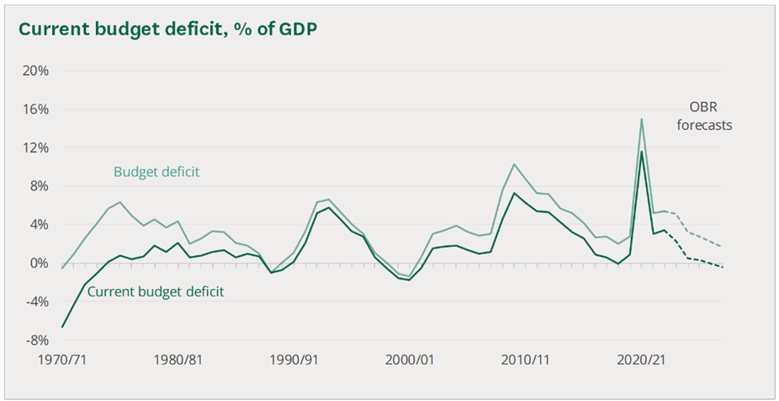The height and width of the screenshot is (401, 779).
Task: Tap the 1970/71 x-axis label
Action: [x=63, y=360]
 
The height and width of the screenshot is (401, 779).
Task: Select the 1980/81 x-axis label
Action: [x=178, y=360]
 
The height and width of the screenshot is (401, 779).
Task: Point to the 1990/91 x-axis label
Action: [x=293, y=360]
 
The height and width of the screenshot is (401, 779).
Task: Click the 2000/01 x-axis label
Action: [x=408, y=360]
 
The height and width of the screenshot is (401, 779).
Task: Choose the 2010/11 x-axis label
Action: [x=524, y=360]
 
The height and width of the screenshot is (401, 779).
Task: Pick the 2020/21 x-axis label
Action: [x=639, y=360]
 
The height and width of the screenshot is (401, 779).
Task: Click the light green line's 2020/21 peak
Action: [x=642, y=119]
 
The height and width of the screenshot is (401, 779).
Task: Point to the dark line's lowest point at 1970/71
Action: [x=63, y=327]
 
